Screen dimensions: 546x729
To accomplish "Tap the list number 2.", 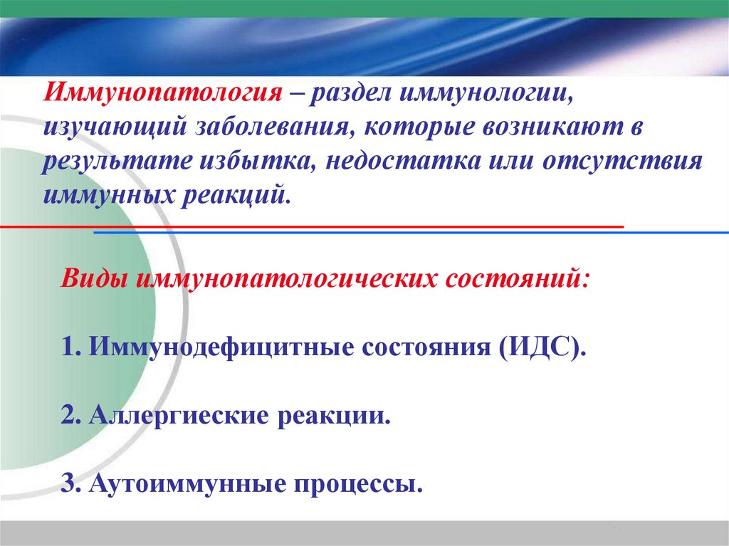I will (69, 416).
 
